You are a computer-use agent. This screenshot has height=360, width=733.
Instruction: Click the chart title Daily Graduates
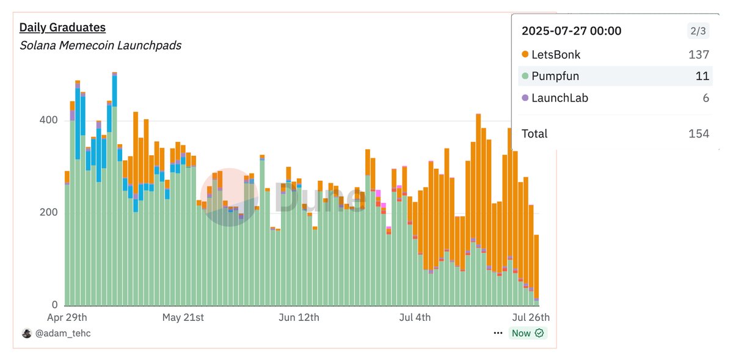coord(62,28)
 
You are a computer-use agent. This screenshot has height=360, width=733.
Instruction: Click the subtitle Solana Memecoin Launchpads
coord(100,45)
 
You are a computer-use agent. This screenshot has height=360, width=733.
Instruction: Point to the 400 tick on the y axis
coord(48,120)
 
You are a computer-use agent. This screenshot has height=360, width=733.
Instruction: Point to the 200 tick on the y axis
coord(48,213)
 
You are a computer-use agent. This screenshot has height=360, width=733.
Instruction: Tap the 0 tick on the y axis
coord(54,305)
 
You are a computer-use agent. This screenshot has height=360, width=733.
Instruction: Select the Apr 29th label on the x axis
coord(67,318)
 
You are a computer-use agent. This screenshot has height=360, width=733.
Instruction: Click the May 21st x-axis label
coord(183,318)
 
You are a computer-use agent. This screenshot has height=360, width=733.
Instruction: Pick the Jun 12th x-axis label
coord(298,318)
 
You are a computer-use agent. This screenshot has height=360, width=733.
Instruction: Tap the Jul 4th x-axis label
coord(415,318)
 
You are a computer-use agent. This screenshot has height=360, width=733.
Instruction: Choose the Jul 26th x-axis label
coord(530,318)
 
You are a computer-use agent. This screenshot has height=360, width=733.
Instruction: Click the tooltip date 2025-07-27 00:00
coord(571,31)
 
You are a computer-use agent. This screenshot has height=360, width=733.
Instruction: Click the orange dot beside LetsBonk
coord(525,54)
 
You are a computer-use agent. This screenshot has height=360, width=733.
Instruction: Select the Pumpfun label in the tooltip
coord(555,76)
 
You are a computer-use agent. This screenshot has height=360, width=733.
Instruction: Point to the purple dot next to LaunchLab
coord(525,98)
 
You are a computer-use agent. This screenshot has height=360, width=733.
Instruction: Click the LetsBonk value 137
coord(698,54)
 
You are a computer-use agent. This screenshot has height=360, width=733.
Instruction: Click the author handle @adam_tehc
coord(63,333)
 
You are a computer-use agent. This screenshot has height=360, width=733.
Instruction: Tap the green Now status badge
coord(527,333)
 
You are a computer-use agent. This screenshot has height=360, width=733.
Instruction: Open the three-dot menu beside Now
coord(498,333)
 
